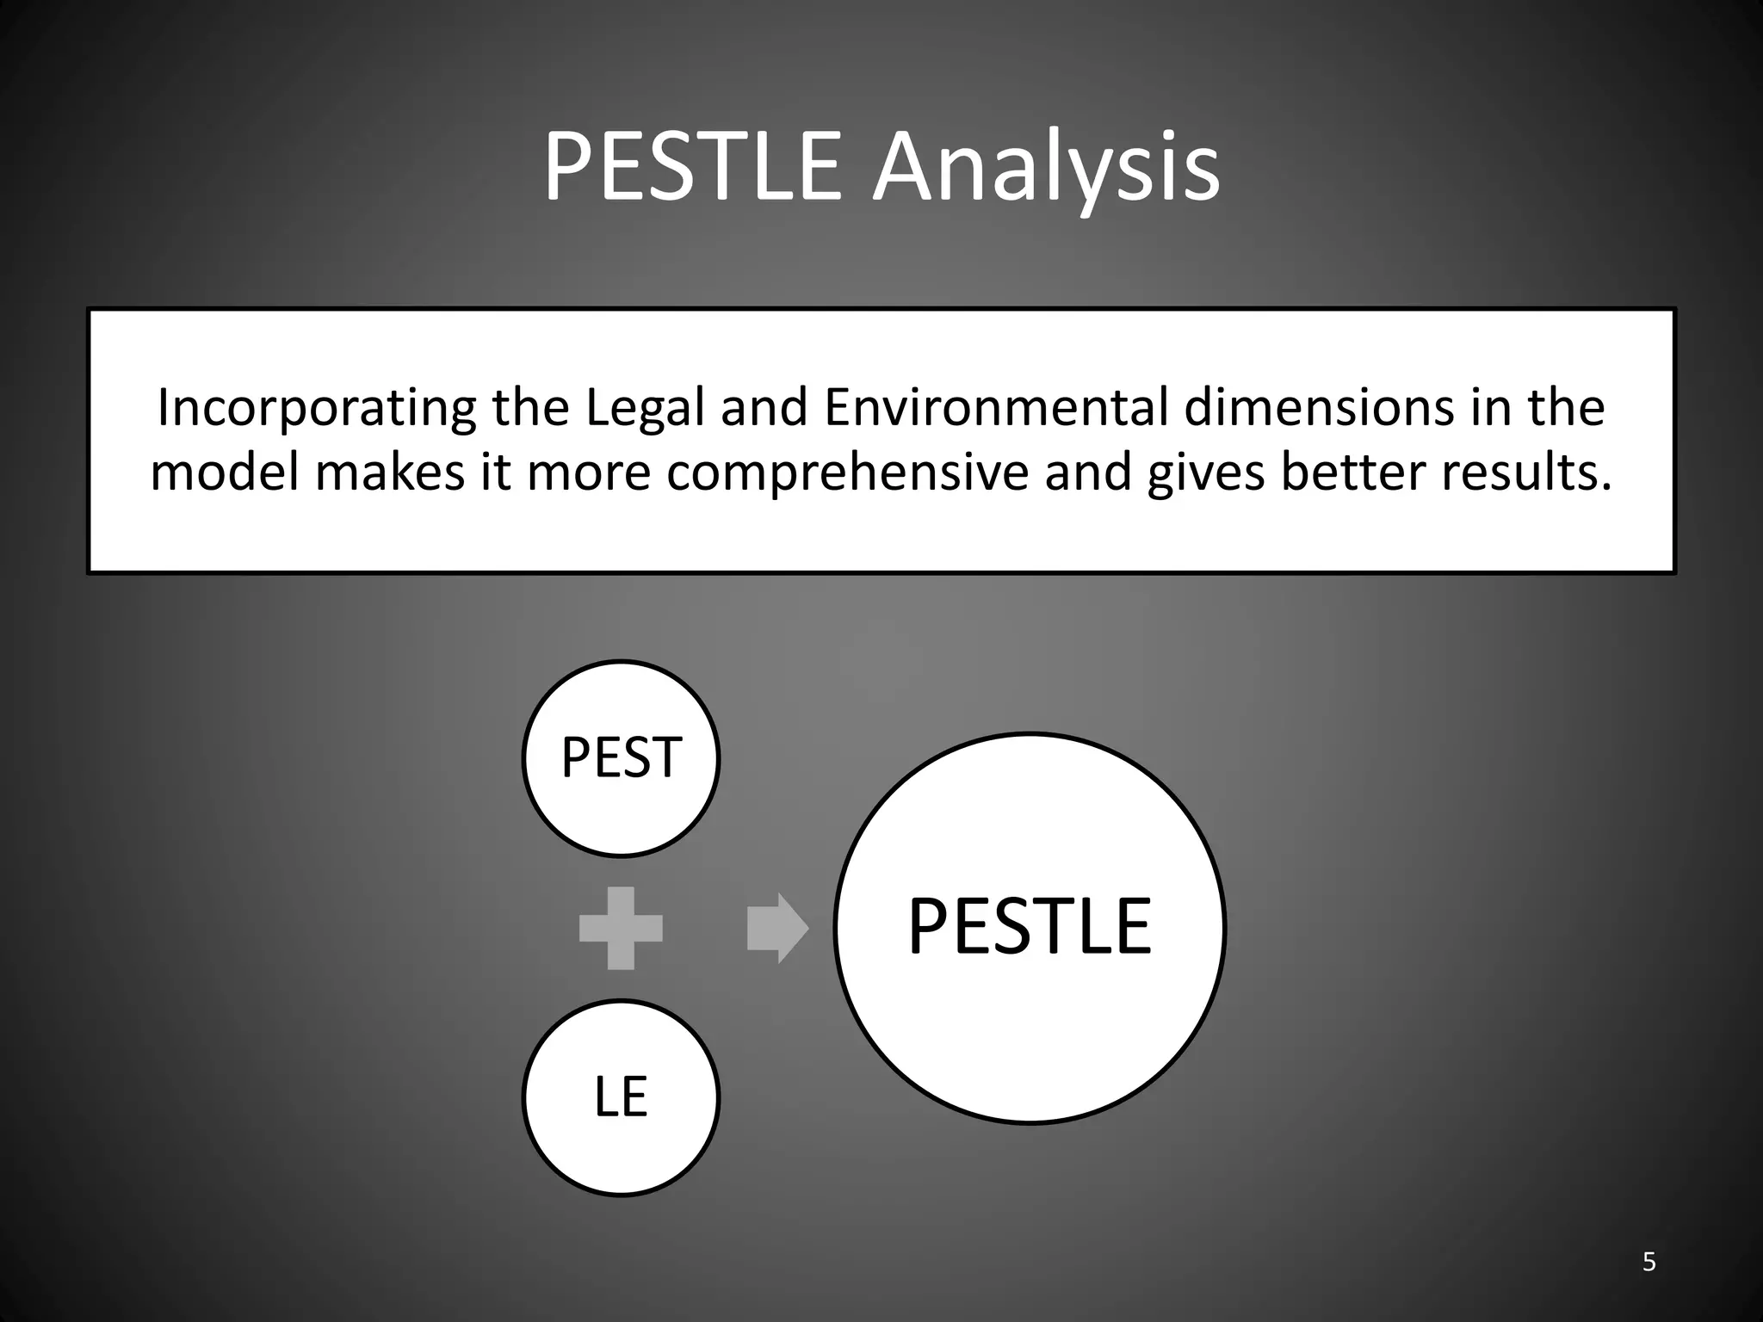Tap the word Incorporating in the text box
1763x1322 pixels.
[x=316, y=409]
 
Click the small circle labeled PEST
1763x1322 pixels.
[x=621, y=758]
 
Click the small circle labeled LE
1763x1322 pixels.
[x=621, y=1097]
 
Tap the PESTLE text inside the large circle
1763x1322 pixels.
[x=1030, y=927]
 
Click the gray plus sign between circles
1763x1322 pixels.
[x=621, y=928]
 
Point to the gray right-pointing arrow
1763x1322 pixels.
[x=777, y=928]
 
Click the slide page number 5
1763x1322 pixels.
[x=1649, y=1262]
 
